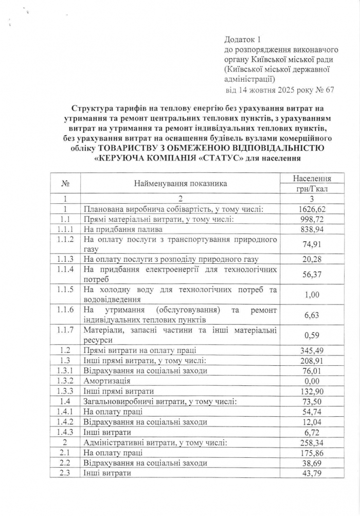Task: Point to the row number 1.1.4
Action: pos(65,269)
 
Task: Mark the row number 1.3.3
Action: pos(65,391)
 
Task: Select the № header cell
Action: pos(65,184)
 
